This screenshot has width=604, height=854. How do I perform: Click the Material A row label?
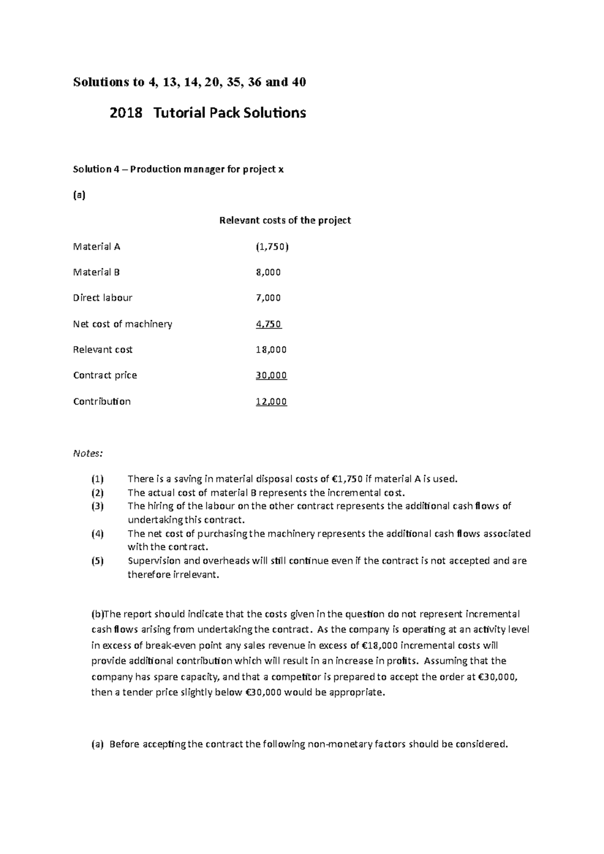(97, 246)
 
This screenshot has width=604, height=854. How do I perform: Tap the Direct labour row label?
(103, 298)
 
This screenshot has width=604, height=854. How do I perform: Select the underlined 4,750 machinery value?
(268, 324)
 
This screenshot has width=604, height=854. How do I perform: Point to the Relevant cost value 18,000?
(271, 350)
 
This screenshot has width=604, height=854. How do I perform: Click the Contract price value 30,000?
(271, 375)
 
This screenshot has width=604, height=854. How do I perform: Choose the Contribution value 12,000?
(271, 401)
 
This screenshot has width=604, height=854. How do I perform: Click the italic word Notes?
(88, 453)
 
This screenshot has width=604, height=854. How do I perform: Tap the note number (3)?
(97, 506)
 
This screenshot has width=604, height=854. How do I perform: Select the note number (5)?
(97, 561)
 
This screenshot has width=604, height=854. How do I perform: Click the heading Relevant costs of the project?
(285, 220)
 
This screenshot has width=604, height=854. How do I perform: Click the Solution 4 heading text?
(178, 169)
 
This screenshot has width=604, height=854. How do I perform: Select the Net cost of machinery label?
(122, 324)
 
